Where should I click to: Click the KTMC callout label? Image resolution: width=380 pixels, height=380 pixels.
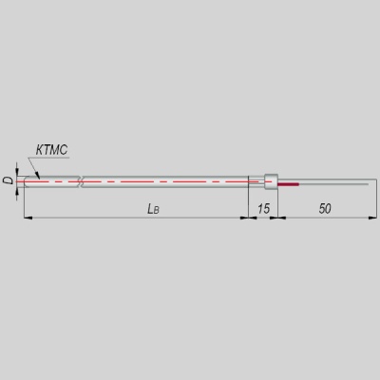(x=51, y=150)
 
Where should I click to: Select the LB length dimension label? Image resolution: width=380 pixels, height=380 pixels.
(x=153, y=209)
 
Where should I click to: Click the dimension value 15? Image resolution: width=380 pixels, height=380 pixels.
(x=263, y=209)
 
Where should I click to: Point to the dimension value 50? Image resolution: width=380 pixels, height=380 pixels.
(x=325, y=209)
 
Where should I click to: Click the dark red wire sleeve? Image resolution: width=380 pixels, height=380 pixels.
(x=288, y=184)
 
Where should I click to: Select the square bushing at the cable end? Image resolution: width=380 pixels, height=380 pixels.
(x=271, y=181)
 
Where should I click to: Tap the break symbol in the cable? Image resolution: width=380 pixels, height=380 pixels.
(x=80, y=181)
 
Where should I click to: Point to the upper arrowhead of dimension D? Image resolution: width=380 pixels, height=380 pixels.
(x=17, y=171)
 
